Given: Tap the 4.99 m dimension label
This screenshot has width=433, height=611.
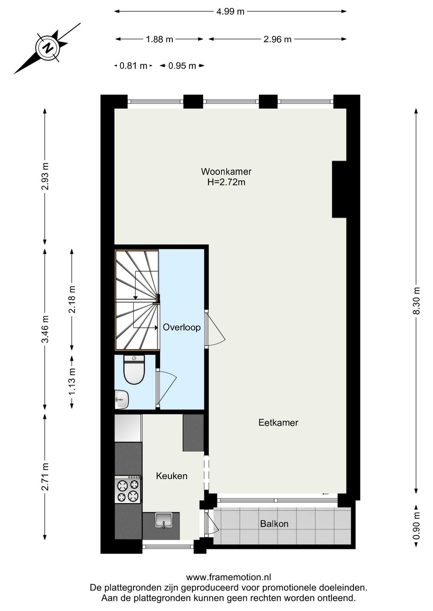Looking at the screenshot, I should (x=230, y=12).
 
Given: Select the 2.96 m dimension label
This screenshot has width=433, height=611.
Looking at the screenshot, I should (x=277, y=39).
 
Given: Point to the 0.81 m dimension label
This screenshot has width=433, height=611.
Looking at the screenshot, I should (x=133, y=66).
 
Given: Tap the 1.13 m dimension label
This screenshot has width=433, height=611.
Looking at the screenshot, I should (x=72, y=381).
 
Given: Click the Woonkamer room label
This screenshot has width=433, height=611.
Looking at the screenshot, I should (x=226, y=172).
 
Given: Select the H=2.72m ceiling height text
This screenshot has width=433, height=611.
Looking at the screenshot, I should (x=226, y=183).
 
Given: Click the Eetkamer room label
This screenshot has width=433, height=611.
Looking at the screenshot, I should (x=278, y=423).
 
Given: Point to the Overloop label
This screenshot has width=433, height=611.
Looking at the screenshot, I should (x=182, y=328).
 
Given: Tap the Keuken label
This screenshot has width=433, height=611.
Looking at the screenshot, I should (x=172, y=476).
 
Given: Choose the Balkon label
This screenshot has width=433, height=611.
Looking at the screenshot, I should (x=274, y=524).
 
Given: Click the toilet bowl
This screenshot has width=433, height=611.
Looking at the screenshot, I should (x=134, y=372).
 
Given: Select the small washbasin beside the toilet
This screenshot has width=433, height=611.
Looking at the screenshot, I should (x=121, y=399).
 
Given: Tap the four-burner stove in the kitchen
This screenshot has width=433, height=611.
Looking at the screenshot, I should (x=128, y=490).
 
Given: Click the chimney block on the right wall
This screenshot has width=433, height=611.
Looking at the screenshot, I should (x=339, y=189).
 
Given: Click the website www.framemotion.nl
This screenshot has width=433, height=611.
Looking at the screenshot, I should (x=229, y=577).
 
